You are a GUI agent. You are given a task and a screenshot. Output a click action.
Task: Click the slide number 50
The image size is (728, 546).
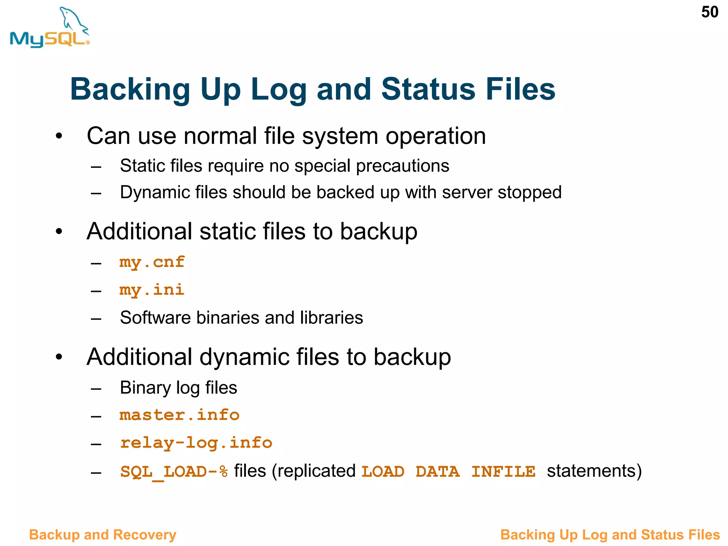pyautogui.click(x=710, y=12)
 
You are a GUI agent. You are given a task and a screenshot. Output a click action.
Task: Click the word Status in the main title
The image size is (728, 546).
pyautogui.click(x=428, y=89)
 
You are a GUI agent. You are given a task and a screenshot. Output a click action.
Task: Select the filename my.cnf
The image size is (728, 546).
pyautogui.click(x=152, y=262)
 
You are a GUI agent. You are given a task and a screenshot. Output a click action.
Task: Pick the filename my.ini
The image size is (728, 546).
pyautogui.click(x=152, y=290)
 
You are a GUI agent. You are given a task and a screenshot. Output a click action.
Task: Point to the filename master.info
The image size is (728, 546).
pyautogui.click(x=180, y=415)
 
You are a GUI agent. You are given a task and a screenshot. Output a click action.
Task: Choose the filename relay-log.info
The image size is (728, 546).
pyautogui.click(x=196, y=443)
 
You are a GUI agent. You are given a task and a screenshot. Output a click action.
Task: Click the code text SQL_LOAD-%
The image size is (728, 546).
pyautogui.click(x=174, y=472)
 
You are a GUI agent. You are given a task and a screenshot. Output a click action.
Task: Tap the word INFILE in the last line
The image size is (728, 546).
pyautogui.click(x=503, y=472)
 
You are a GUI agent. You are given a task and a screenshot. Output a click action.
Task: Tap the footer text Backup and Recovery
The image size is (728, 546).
pyautogui.click(x=102, y=535)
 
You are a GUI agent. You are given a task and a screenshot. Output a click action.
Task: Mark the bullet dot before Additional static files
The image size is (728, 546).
pyautogui.click(x=59, y=232)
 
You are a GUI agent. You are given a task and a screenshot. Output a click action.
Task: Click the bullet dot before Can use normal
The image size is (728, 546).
pyautogui.click(x=59, y=136)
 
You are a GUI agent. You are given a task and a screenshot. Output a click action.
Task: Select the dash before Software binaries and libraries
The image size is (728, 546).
pyautogui.click(x=96, y=318)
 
